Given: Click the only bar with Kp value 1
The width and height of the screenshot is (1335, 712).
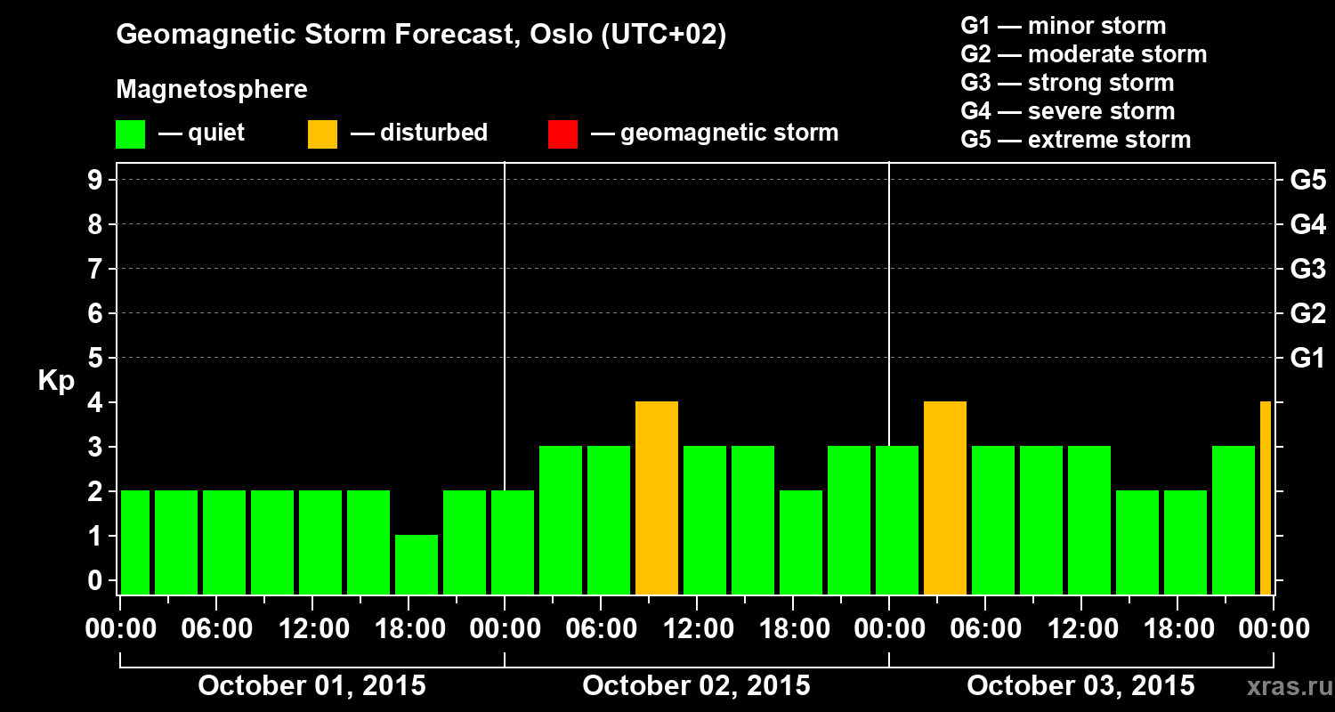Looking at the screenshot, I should tap(417, 564).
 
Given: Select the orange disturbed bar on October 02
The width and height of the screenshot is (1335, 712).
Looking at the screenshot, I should tap(657, 498).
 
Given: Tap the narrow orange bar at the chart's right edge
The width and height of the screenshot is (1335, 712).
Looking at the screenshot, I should tap(1266, 498).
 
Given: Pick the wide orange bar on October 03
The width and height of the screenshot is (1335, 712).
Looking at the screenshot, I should tap(945, 498).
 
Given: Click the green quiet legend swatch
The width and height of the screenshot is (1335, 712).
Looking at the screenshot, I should tap(131, 133).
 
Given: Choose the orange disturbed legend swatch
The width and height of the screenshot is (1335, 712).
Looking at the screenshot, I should tap(322, 133).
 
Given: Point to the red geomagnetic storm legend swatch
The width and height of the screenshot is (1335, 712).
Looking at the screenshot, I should tap(562, 133).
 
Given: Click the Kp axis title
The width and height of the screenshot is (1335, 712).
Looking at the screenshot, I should tap(56, 381).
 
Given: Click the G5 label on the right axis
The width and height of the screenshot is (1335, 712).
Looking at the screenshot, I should tap(1307, 180).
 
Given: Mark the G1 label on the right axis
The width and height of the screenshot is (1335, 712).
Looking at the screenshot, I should tap(1307, 358).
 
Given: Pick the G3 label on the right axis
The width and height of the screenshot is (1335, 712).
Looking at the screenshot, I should tap(1307, 269).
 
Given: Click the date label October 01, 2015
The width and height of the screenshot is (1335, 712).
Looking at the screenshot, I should tap(311, 686).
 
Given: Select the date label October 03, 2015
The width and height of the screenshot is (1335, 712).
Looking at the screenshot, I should tap(1080, 686).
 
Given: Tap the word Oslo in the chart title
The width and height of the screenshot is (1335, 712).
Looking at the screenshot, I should tap(549, 35).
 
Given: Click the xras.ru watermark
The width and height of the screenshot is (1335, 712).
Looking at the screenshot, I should tap(1287, 687).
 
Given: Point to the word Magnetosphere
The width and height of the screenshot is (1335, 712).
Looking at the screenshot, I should tap(212, 90).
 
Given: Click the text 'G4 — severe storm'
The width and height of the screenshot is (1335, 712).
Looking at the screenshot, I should tap(1067, 111).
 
